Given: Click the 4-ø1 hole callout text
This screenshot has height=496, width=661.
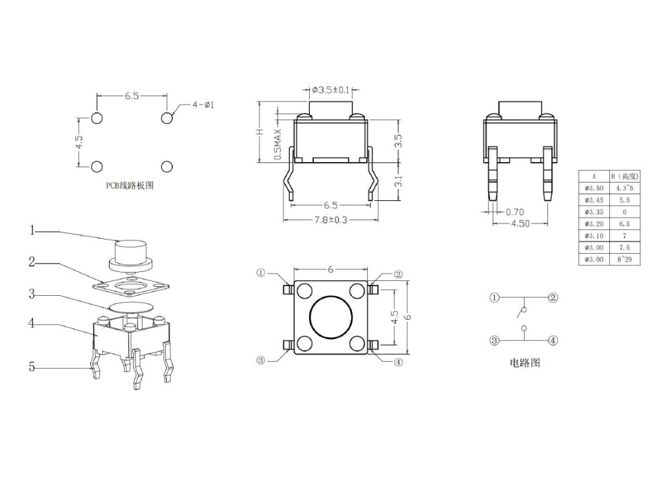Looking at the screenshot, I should [204, 105].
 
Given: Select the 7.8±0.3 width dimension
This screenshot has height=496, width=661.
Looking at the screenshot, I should [330, 220].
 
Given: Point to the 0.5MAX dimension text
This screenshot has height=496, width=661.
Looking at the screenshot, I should [278, 143].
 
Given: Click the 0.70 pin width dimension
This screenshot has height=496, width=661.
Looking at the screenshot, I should [515, 211].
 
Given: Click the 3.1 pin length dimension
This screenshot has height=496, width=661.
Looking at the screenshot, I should [398, 181].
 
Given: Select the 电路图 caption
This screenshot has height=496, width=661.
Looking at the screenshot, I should [525, 363].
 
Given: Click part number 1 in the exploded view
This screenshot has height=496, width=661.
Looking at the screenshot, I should [31, 230].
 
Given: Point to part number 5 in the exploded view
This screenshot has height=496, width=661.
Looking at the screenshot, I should [31, 367].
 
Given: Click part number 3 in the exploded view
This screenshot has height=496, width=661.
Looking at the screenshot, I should [31, 294].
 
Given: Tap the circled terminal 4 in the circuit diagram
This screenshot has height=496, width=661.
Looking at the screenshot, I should [553, 340].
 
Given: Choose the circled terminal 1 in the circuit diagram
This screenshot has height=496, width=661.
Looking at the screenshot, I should [494, 298].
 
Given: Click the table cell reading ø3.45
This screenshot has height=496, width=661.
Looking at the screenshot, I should [594, 200].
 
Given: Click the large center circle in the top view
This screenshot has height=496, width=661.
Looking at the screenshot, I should [331, 317].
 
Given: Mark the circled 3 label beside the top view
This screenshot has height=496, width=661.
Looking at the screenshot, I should [261, 361].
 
